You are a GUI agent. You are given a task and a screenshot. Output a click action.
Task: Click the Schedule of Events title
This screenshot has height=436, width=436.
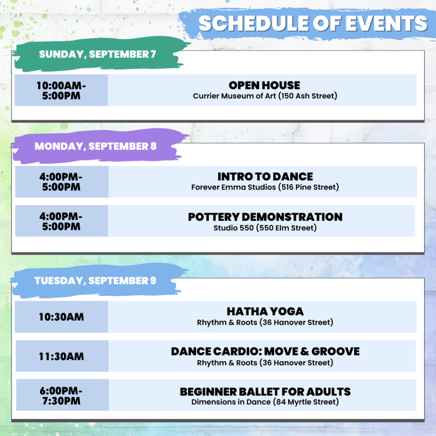pos(313,23)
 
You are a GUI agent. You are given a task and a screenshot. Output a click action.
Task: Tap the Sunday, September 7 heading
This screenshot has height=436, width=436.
pos(98,54)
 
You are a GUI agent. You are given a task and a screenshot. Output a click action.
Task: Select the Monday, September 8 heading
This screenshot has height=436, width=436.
pos(95,146)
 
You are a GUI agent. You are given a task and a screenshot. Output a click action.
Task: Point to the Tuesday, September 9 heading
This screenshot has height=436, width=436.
pos(95,281)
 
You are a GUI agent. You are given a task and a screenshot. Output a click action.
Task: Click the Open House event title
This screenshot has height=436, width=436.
pos(264,85)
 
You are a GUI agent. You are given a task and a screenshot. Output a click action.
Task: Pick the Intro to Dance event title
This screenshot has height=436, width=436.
pos(265,177)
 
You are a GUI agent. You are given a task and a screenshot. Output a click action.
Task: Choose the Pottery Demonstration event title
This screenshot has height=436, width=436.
pos(265,217)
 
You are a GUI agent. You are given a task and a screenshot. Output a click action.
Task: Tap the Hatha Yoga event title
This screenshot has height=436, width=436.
pos(265,311)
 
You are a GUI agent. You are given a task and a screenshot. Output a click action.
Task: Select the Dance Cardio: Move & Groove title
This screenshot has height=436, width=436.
pos(265,351)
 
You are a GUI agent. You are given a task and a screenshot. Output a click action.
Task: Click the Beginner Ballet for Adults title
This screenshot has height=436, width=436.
pos(265,392)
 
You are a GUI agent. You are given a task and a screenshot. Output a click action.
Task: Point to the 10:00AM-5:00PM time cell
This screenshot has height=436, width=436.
pos(61,90)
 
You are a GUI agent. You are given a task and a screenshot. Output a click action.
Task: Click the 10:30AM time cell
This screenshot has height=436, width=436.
pos(61,317)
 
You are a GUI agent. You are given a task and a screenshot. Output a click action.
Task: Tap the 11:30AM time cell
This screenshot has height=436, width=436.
pos(62,356)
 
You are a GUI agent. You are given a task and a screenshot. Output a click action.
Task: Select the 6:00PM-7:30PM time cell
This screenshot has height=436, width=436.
pos(62,395)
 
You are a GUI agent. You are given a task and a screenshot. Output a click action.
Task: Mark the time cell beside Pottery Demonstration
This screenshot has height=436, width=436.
pos(61,221)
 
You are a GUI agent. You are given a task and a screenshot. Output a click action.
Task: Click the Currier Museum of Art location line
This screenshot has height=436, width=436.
pos(265,96)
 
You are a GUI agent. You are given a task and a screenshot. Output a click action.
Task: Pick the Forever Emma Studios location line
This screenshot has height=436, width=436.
pos(265,187)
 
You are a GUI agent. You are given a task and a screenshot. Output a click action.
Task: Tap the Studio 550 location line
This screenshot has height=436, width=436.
pos(265,228)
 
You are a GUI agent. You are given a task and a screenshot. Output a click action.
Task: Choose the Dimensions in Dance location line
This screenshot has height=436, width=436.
pos(265,402)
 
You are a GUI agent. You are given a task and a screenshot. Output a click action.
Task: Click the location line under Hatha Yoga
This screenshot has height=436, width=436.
pos(265,322)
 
